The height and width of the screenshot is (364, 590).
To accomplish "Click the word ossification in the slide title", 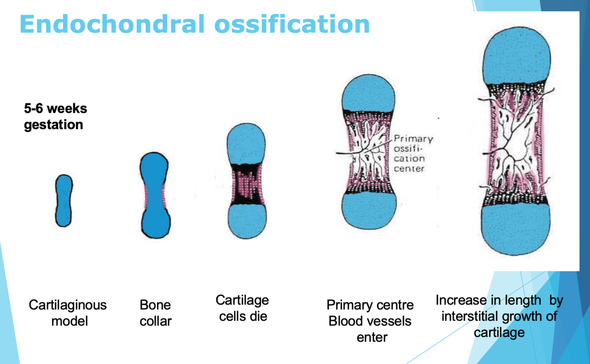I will coord(292,24).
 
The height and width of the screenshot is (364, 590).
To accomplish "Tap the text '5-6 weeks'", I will coord(55,108).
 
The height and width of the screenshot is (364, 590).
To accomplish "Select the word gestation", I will coord(54,125).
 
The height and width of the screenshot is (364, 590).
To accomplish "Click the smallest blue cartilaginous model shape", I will coord(64,200).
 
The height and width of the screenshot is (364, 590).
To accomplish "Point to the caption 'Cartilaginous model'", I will coord(68,312).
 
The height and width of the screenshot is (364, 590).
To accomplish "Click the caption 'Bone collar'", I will coord(155,312).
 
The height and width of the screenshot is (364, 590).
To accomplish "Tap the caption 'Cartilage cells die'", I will coord(242,308).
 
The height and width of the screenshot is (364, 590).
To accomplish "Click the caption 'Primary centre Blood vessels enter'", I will coord(370,321).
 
